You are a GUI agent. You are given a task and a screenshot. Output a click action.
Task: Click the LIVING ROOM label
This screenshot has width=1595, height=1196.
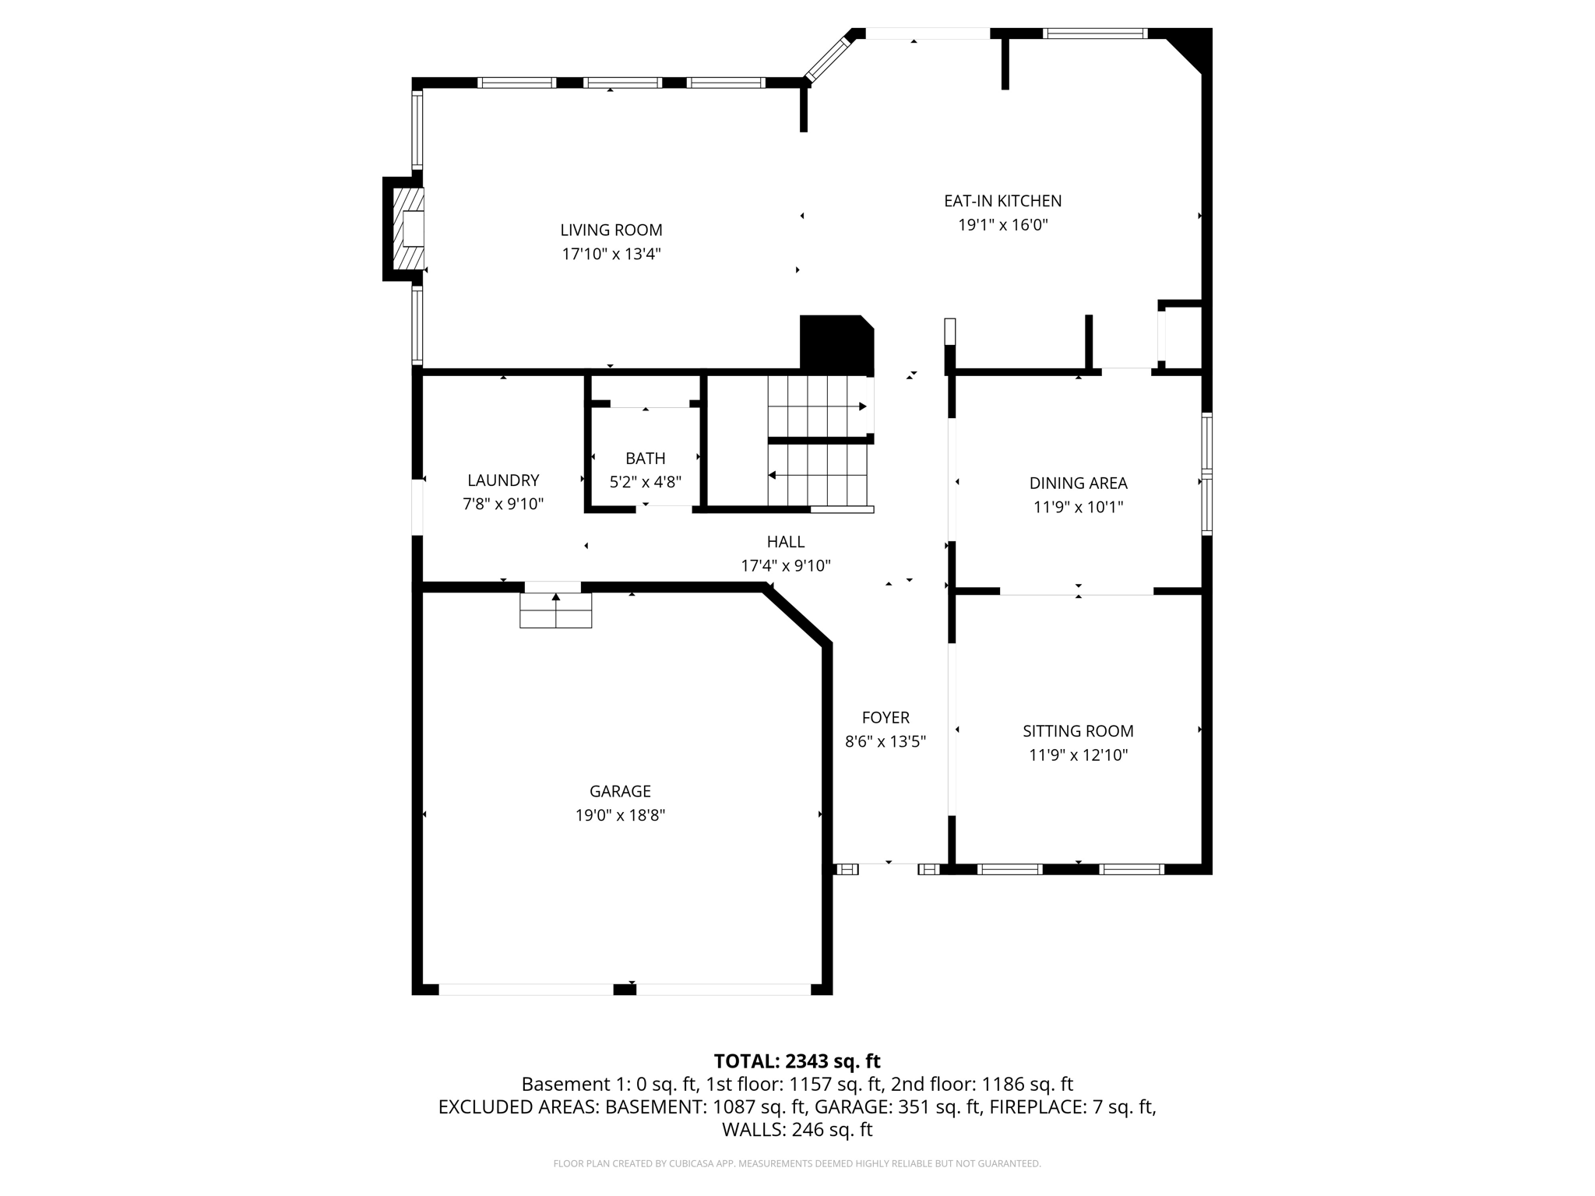[611, 230]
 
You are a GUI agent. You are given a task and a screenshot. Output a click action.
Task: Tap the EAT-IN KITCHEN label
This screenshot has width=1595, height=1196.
[1002, 201]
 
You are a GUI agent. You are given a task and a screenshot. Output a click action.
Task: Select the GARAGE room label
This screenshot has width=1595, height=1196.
[620, 791]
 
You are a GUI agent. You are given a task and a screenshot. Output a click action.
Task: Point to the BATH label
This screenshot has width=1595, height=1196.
[645, 459]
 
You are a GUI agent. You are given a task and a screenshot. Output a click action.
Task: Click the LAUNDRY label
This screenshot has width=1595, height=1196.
[503, 480]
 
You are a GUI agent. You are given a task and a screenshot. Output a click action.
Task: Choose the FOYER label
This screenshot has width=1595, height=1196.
[886, 717]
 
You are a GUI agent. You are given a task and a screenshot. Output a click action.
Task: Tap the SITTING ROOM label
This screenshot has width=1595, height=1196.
[1078, 730]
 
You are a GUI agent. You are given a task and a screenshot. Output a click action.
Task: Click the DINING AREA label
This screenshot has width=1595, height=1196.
[1078, 483]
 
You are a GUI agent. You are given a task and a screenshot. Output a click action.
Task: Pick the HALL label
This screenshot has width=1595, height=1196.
[785, 541]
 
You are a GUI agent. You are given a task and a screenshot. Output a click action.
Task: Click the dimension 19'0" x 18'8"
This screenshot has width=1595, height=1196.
[620, 815]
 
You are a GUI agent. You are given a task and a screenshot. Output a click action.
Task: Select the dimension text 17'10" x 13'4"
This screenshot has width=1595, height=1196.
[611, 254]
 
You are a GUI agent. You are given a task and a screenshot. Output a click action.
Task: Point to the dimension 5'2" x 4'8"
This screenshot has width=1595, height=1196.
[645, 482]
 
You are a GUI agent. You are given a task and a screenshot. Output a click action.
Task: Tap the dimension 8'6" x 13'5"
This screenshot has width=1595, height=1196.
[886, 741]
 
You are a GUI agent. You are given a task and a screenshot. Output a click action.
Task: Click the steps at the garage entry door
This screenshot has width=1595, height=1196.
[555, 610]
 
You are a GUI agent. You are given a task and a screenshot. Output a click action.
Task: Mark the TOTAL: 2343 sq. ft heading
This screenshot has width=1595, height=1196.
[797, 1061]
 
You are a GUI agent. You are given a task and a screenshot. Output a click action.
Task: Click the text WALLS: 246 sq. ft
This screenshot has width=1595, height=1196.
[797, 1129]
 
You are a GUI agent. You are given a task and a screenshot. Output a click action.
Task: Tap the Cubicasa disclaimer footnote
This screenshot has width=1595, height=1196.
[797, 1163]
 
